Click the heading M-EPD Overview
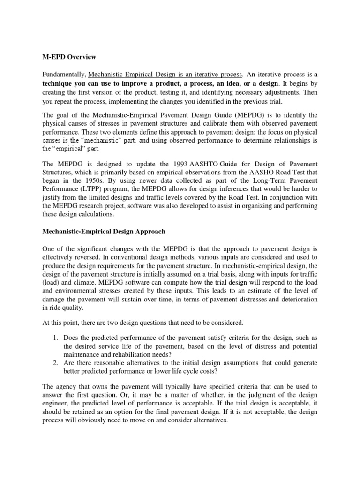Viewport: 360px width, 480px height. tap(69, 57)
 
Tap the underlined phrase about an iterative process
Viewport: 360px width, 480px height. tap(165, 75)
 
